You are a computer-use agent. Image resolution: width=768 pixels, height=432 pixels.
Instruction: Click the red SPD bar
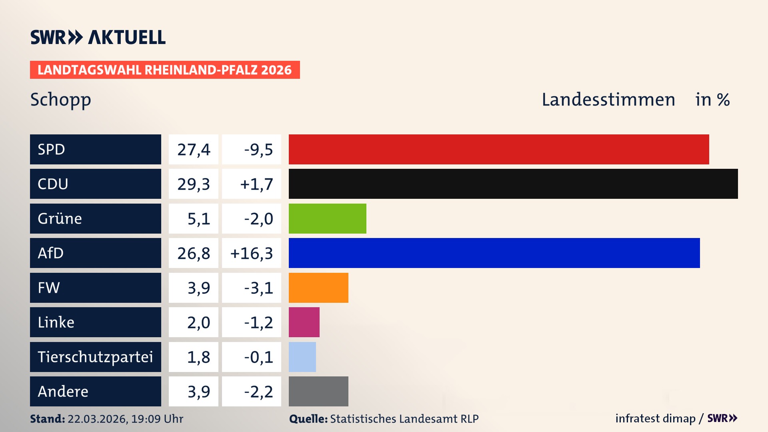point(498,149)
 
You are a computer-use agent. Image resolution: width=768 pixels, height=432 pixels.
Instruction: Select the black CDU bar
point(513,184)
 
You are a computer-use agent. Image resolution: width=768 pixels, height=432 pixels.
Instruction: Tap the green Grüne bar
point(327,218)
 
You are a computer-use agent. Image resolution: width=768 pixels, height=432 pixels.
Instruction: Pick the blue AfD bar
point(494,253)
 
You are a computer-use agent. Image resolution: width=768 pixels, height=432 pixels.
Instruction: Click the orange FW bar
point(318,288)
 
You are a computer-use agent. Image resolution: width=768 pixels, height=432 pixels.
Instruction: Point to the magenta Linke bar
point(304,322)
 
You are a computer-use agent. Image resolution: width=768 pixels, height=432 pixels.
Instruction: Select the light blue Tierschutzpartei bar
point(302,357)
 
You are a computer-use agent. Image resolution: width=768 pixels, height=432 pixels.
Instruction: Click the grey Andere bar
point(318,391)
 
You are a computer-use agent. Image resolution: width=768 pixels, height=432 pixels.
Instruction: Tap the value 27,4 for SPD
point(194,150)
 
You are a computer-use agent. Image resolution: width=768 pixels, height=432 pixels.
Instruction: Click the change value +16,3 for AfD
point(252,253)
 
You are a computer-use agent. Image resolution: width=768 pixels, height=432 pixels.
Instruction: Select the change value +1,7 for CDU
point(256,184)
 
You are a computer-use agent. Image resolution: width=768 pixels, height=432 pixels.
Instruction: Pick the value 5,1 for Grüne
point(198,219)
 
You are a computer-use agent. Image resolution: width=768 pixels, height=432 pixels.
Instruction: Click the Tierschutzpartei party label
point(95,357)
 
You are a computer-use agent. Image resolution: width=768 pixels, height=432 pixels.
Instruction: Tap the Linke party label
point(56,322)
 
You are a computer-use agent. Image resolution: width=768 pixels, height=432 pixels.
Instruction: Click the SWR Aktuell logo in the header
point(98,37)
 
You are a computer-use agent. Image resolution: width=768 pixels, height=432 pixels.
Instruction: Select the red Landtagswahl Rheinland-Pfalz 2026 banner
point(164,70)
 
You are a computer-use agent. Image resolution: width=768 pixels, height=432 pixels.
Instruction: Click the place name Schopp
point(60,100)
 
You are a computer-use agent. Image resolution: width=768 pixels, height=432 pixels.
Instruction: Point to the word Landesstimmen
point(608,100)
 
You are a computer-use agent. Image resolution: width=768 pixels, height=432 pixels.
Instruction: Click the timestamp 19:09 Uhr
point(157,419)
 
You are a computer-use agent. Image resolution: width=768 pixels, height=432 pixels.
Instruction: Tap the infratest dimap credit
point(655,418)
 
